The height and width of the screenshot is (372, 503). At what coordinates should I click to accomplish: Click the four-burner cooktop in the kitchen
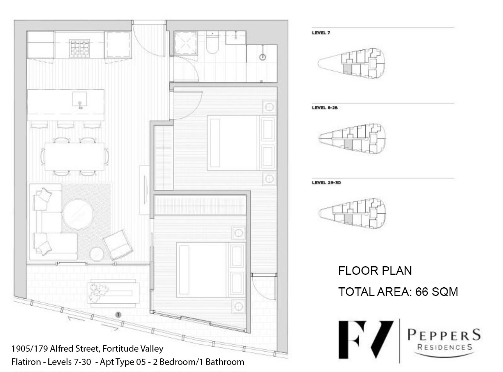80,48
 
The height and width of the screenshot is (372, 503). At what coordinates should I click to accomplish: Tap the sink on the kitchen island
80,99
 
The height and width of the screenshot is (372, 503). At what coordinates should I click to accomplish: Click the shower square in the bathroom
185,43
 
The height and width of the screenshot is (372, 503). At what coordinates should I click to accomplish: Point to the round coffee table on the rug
78,214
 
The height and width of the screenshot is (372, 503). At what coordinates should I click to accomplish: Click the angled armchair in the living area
118,245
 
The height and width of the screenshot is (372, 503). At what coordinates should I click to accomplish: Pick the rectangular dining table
74,157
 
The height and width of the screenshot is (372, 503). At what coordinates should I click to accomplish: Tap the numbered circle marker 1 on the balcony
118,315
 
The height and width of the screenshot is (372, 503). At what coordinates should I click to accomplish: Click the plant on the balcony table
98,292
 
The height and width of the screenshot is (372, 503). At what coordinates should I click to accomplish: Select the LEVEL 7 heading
321,33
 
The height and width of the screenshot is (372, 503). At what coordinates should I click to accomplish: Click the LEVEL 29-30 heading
326,183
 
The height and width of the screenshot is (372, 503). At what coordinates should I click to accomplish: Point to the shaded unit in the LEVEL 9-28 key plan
348,144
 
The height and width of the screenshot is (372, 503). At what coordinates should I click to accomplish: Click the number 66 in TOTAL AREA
422,292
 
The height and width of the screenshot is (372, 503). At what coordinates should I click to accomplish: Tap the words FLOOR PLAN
375,271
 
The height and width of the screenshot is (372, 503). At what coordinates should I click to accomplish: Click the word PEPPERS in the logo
444,335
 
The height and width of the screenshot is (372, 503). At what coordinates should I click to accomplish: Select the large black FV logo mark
366,340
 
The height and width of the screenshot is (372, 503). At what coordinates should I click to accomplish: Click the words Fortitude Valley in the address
133,349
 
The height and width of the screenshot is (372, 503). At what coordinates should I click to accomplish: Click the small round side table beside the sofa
97,254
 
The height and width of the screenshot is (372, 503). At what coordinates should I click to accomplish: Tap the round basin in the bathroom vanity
262,57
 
